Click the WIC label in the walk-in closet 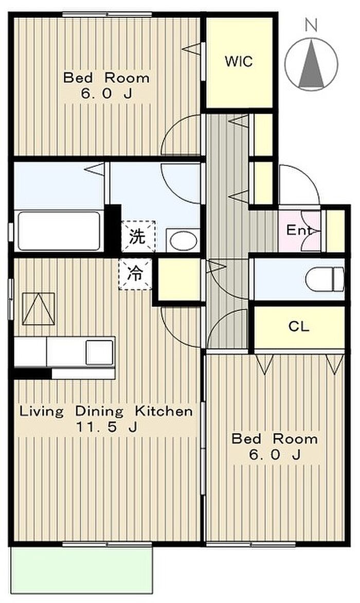coord(239,61)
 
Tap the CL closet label coord(298,327)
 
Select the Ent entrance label coord(298,230)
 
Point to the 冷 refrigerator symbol coord(135,274)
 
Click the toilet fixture coord(325,279)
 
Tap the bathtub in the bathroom coord(59,230)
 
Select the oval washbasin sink coord(184,241)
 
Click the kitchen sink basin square coord(99,352)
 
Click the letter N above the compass coord(311,26)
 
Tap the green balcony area coord(81,569)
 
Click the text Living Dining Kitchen coord(106,411)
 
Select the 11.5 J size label coord(106,427)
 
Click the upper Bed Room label coord(106,78)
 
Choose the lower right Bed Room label coord(274,439)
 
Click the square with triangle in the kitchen coord(39,309)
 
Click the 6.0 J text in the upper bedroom coord(106,94)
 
